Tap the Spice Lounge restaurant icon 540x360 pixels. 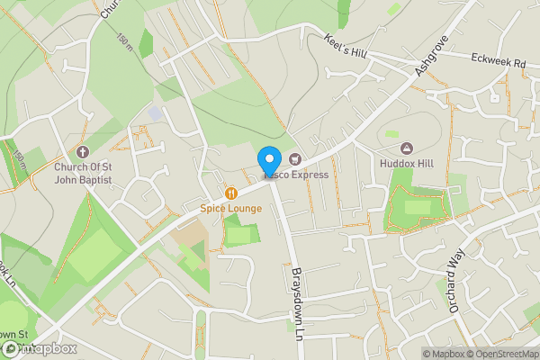(231, 193)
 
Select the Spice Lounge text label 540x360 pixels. (231, 209)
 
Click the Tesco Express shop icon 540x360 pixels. (294, 158)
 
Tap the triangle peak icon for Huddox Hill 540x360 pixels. (407, 148)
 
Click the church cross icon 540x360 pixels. (82, 152)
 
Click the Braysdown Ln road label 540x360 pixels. (294, 301)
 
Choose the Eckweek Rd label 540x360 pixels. (498, 61)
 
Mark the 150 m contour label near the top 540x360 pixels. (123, 40)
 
